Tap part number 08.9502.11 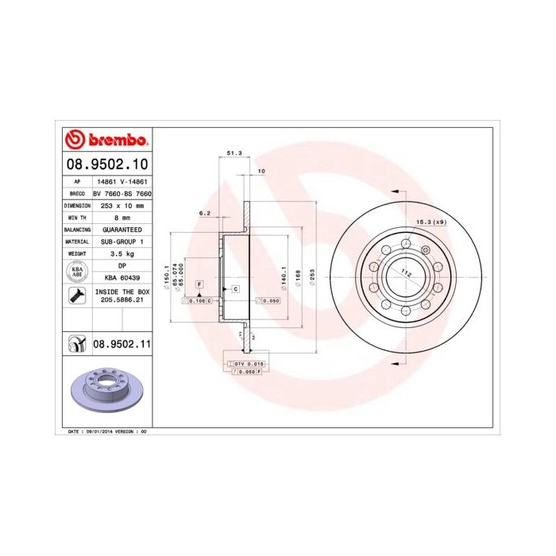(x=122, y=344)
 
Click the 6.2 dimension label (x=204, y=213)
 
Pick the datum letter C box (x=236, y=290)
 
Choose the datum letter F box (x=199, y=284)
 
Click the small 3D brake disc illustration (x=103, y=390)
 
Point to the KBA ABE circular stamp (x=76, y=272)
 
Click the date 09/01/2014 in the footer (x=99, y=431)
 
